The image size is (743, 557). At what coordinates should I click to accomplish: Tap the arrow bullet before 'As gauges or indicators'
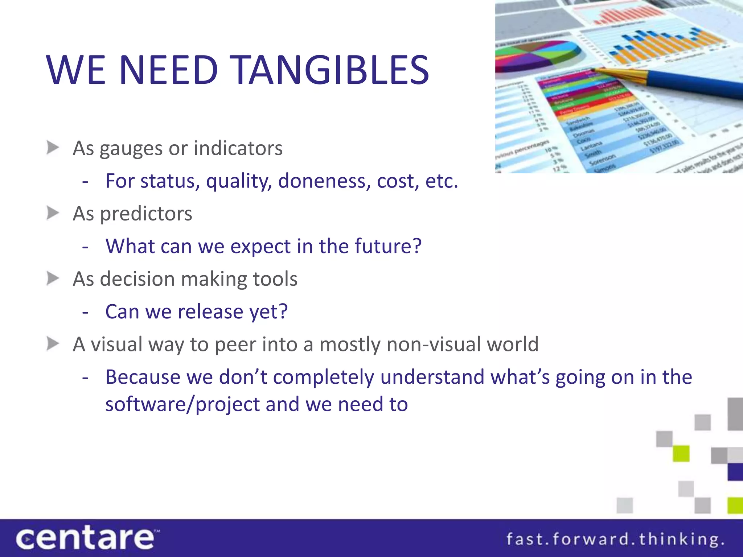pyautogui.click(x=53, y=148)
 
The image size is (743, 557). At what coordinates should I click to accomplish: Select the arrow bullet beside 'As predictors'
pyautogui.click(x=53, y=213)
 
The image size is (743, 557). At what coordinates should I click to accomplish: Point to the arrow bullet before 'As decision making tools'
pyautogui.click(x=53, y=278)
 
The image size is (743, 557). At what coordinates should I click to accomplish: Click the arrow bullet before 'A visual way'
pyautogui.click(x=53, y=344)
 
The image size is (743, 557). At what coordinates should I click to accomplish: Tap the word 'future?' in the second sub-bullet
pyautogui.click(x=388, y=246)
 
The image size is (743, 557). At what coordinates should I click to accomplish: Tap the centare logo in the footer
pyautogui.click(x=86, y=539)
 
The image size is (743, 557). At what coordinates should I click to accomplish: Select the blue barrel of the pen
pyautogui.click(x=697, y=86)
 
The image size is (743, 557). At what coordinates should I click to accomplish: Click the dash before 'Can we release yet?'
pyautogui.click(x=85, y=312)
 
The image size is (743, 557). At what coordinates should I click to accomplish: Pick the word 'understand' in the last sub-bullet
pyautogui.click(x=432, y=377)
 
